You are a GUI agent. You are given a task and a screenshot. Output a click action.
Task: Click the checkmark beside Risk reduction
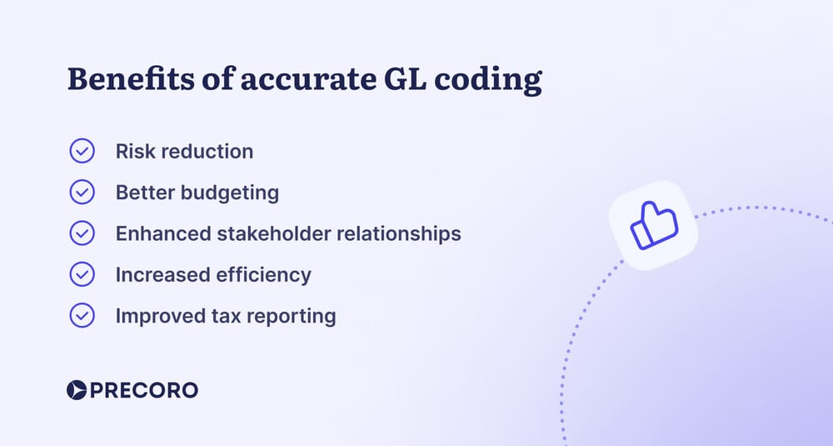[82, 151]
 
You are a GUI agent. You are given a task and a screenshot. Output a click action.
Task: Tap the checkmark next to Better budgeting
[82, 193]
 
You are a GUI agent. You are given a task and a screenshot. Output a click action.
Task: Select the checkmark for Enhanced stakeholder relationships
[82, 233]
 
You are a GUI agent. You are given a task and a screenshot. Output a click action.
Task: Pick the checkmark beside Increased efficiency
[82, 274]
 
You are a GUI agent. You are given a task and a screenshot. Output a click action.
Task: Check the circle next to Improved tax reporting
[82, 316]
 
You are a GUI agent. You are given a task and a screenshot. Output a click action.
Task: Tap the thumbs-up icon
[654, 226]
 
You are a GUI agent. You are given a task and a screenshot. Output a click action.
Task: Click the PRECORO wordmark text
[144, 389]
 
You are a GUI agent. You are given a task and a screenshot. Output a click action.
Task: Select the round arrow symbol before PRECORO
[76, 389]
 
